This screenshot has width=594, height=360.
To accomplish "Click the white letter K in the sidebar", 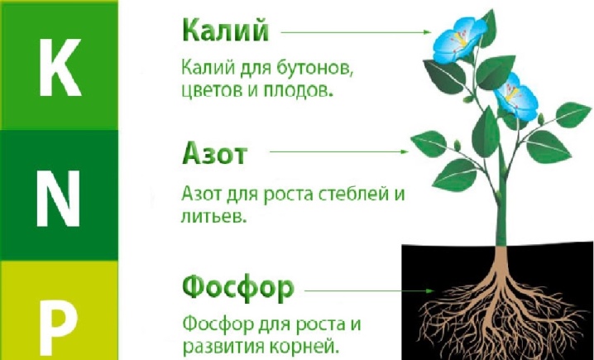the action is [60, 68].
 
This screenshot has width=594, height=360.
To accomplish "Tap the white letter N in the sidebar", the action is [59, 198].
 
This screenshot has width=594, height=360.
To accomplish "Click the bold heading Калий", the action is [226, 31].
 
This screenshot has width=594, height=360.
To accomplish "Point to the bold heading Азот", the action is [214, 153].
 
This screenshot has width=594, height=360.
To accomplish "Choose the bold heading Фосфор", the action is [238, 288].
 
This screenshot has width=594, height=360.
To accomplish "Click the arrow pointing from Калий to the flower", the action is [356, 32].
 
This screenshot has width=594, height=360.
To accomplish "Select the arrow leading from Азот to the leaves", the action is [339, 151].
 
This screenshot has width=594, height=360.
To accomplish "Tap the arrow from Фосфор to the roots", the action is [369, 291].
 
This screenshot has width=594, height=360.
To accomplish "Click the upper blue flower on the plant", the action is [459, 41].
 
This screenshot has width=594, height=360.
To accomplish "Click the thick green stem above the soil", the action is [501, 197].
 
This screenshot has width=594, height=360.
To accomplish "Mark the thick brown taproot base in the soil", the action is [501, 262].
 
